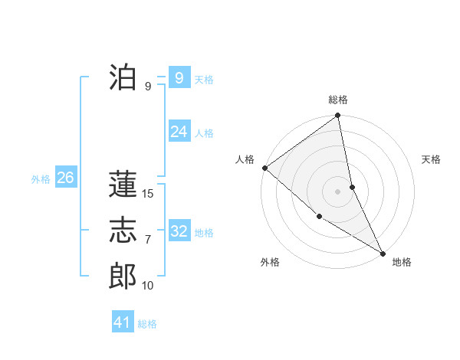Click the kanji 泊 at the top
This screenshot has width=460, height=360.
(x=123, y=77)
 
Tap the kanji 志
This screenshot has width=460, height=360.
(x=123, y=230)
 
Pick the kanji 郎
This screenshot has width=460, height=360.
(x=123, y=276)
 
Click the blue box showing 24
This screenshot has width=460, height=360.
(x=179, y=132)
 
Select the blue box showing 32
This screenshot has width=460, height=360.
(x=179, y=231)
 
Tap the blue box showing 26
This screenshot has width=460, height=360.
(x=65, y=178)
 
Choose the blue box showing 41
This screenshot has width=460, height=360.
(x=123, y=322)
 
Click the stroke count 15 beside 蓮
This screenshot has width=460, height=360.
(x=148, y=194)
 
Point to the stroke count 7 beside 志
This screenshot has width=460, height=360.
(x=148, y=240)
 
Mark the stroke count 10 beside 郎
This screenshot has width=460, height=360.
(x=148, y=286)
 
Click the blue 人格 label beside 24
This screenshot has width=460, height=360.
(x=204, y=133)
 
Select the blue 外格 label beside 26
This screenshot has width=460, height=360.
(x=41, y=179)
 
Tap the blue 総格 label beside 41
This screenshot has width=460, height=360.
(x=147, y=324)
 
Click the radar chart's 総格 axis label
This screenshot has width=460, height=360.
(x=338, y=100)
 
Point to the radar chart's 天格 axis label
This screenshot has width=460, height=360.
(x=432, y=159)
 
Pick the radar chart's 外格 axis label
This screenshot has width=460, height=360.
(x=270, y=262)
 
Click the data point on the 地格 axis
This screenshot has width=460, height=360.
(x=383, y=252)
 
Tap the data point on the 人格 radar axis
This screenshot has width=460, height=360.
(x=264, y=168)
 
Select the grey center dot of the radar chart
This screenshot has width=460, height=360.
(x=338, y=191)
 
